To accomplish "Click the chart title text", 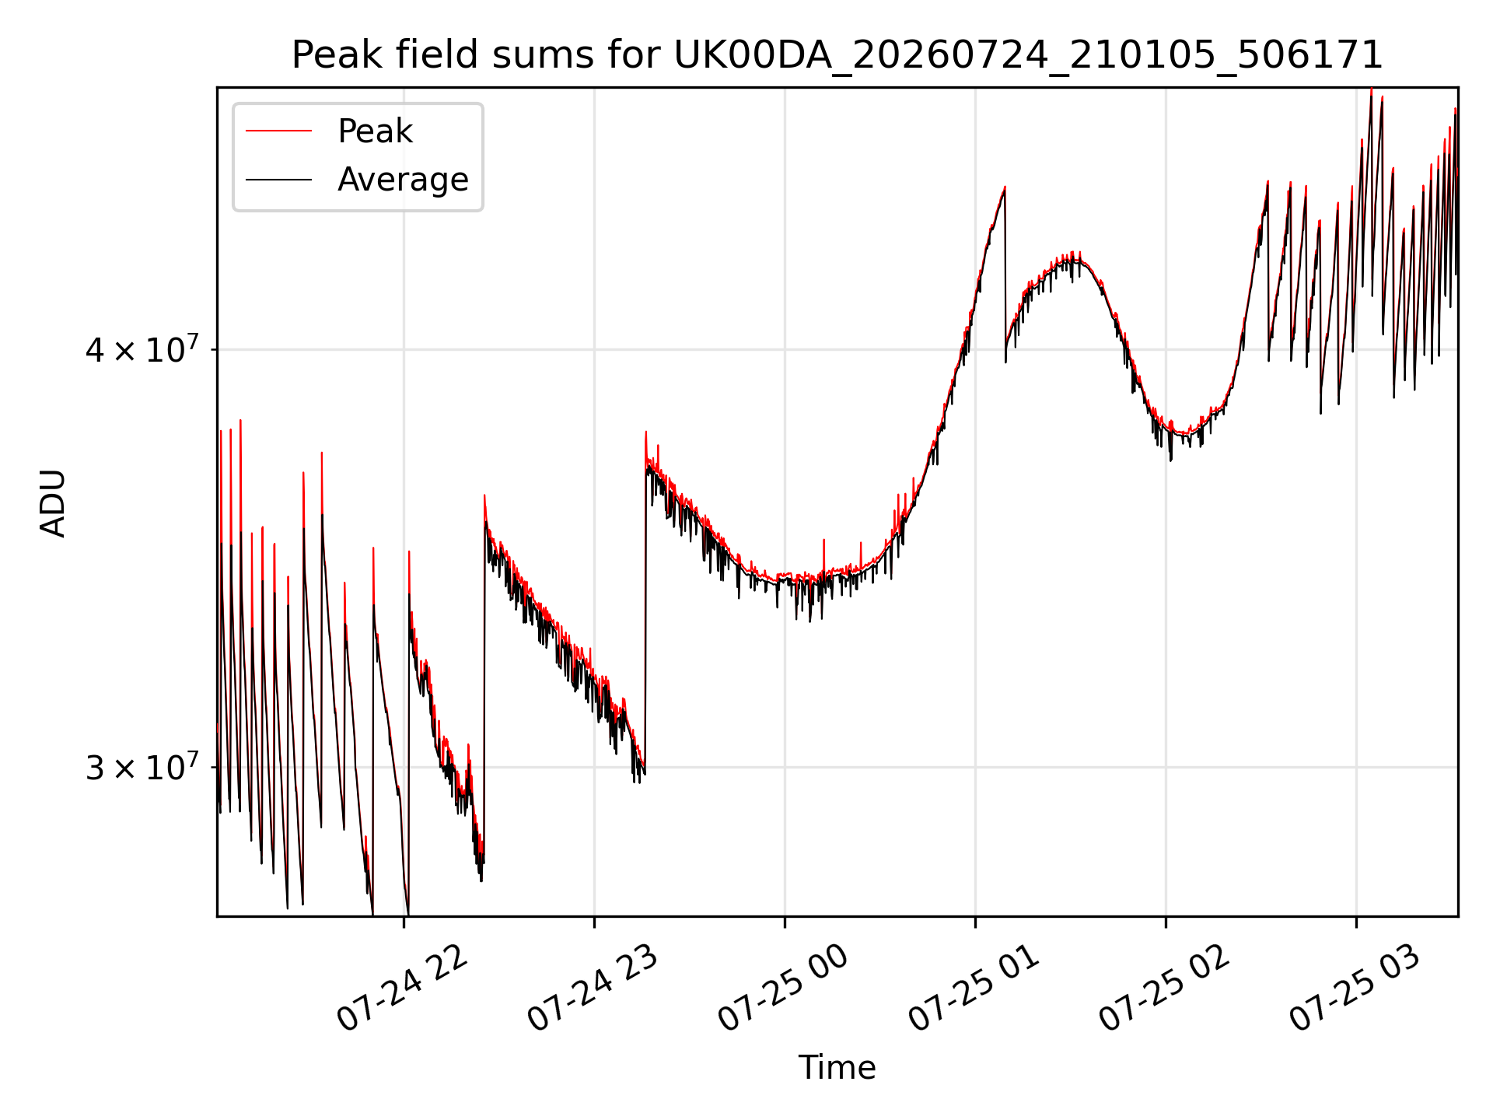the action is pos(837,55).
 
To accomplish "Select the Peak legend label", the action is pos(375,131).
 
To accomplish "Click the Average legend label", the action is pos(403,180).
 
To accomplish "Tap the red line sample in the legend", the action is pos(278,131).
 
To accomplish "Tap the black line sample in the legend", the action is pos(278,180).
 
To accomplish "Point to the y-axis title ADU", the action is pos(53,502).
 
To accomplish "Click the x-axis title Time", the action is pos(837,1068).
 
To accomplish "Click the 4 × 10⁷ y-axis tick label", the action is pos(142,349).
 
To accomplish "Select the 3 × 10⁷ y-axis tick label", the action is pos(142,767).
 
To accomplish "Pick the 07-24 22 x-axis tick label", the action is pos(403,989).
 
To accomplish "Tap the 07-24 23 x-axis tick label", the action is pos(593,989).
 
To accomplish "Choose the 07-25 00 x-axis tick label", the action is pos(783,989).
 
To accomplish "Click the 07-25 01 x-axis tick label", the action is pos(974,989).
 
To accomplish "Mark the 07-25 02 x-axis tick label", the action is pos(1164,989).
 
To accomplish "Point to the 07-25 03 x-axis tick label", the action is pos(1355,989).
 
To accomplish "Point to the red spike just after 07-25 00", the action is pos(823,540).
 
